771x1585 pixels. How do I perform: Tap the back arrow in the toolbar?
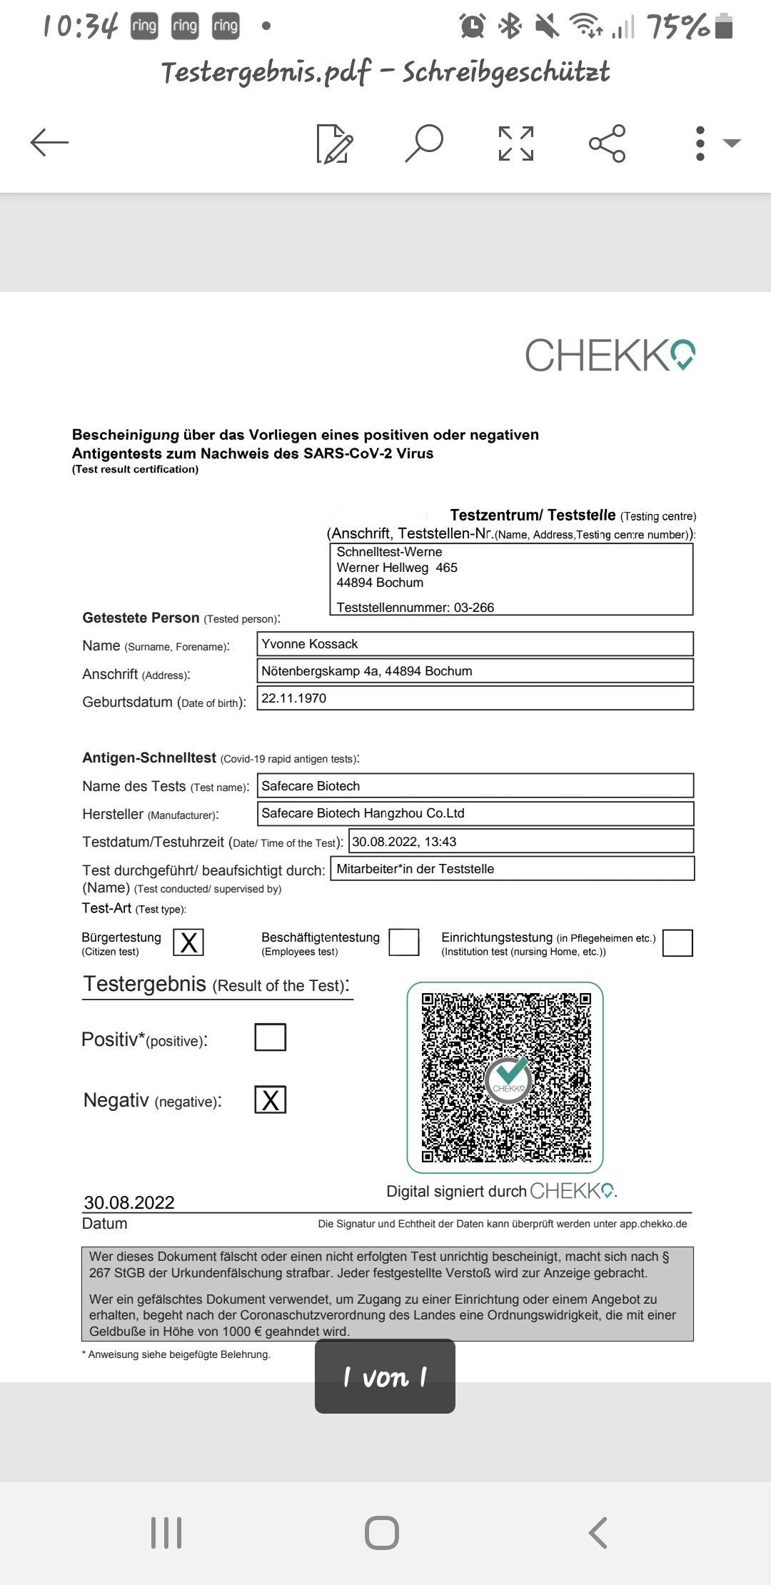(x=49, y=142)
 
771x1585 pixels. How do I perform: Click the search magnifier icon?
(x=424, y=142)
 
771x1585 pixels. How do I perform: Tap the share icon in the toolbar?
(x=608, y=143)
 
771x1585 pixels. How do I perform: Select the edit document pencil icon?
(x=334, y=143)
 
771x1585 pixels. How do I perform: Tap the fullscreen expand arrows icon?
(x=516, y=143)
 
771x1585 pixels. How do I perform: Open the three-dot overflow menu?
(x=700, y=143)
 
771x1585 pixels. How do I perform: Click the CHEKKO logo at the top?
(x=610, y=356)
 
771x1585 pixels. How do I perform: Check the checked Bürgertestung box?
(x=188, y=942)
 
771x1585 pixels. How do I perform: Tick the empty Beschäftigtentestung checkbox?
(x=404, y=942)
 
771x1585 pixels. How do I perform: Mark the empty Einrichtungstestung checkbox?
(x=677, y=942)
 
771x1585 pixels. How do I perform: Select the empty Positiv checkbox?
(x=271, y=1037)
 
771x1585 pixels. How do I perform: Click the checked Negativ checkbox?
(x=271, y=1100)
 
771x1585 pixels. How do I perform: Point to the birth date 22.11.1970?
(x=294, y=698)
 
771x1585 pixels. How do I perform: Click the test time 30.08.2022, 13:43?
(x=404, y=842)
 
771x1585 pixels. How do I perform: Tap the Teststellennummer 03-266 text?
(x=415, y=608)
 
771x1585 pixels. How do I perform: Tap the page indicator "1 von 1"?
(x=385, y=1377)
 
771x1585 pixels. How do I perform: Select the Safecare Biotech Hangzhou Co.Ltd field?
(x=363, y=813)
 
